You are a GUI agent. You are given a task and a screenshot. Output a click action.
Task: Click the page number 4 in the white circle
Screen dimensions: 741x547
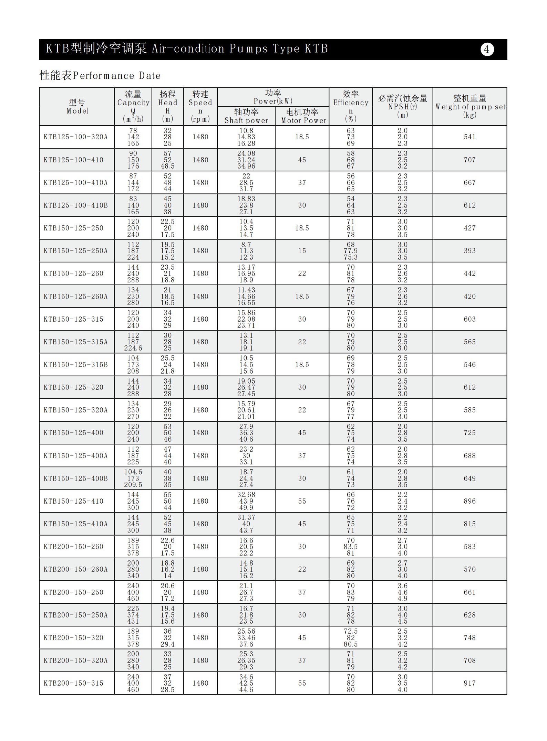pyautogui.click(x=487, y=50)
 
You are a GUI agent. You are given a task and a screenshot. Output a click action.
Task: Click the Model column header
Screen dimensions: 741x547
pyautogui.click(x=77, y=107)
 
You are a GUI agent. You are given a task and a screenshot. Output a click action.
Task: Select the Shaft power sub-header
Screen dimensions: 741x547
pyautogui.click(x=246, y=116)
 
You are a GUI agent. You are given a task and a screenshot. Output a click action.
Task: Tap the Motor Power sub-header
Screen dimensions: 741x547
pyautogui.click(x=302, y=116)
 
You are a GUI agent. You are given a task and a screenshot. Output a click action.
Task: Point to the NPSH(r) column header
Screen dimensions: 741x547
pyautogui.click(x=402, y=106)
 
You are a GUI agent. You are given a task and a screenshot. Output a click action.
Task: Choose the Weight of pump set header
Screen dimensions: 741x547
pyautogui.click(x=470, y=106)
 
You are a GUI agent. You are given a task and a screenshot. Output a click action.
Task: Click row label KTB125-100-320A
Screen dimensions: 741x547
pyautogui.click(x=76, y=137)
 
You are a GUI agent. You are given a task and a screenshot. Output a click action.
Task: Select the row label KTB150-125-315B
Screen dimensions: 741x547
pyautogui.click(x=76, y=365)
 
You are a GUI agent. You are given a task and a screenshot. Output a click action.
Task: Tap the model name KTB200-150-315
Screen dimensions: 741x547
pyautogui.click(x=74, y=683)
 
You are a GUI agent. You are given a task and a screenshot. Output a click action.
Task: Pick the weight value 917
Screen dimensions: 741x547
pyautogui.click(x=469, y=683)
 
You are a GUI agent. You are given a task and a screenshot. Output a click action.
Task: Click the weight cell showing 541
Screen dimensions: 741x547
pyautogui.click(x=469, y=137)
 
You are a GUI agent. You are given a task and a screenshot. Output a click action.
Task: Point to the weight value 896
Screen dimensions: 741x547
pyautogui.click(x=469, y=501)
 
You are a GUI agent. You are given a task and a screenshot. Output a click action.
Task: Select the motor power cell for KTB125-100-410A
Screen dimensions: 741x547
pyautogui.click(x=302, y=183)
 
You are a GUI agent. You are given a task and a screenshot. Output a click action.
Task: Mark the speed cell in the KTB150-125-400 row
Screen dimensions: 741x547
pyautogui.click(x=200, y=433)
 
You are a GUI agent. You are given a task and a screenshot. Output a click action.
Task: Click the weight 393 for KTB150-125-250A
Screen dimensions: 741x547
pyautogui.click(x=469, y=251)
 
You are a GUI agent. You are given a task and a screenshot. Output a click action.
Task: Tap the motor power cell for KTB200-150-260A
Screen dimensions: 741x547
pyautogui.click(x=302, y=569)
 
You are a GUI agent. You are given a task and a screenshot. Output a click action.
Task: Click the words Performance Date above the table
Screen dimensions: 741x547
pyautogui.click(x=116, y=76)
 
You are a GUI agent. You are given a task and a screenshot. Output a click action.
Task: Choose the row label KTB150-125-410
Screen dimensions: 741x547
pyautogui.click(x=74, y=501)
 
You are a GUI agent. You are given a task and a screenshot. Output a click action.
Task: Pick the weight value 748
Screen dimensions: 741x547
pyautogui.click(x=469, y=638)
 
